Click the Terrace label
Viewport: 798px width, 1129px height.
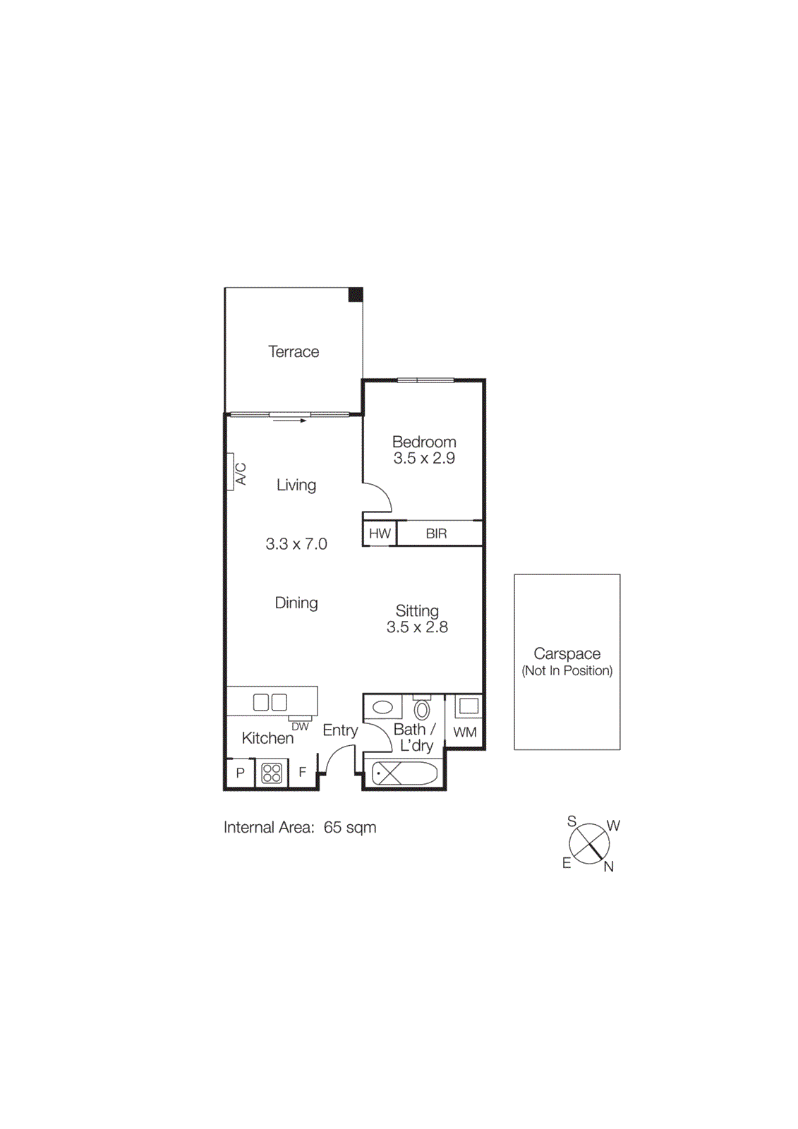pyautogui.click(x=294, y=351)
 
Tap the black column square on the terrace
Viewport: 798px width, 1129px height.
pyautogui.click(x=356, y=295)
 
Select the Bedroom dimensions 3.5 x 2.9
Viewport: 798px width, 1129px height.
pyautogui.click(x=424, y=459)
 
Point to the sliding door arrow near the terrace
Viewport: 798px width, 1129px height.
pyautogui.click(x=289, y=421)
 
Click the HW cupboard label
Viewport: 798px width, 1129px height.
pyautogui.click(x=380, y=533)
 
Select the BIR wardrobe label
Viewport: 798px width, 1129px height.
pyautogui.click(x=436, y=533)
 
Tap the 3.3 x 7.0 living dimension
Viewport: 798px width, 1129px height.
pyautogui.click(x=296, y=544)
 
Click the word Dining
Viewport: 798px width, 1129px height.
pyautogui.click(x=296, y=603)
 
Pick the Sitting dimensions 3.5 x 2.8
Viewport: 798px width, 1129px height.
pyautogui.click(x=417, y=627)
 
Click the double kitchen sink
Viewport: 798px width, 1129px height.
pyautogui.click(x=270, y=702)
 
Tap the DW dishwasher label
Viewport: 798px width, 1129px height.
pyautogui.click(x=301, y=726)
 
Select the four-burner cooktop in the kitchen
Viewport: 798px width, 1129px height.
pyautogui.click(x=272, y=773)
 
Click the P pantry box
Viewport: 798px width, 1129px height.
pyautogui.click(x=240, y=773)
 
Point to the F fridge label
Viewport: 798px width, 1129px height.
pyautogui.click(x=303, y=773)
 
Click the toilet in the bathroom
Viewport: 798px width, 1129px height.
pyautogui.click(x=422, y=708)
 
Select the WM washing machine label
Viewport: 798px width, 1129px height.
pyautogui.click(x=465, y=732)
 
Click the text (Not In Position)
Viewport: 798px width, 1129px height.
pyautogui.click(x=567, y=671)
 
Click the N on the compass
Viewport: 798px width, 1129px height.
pyautogui.click(x=608, y=867)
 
